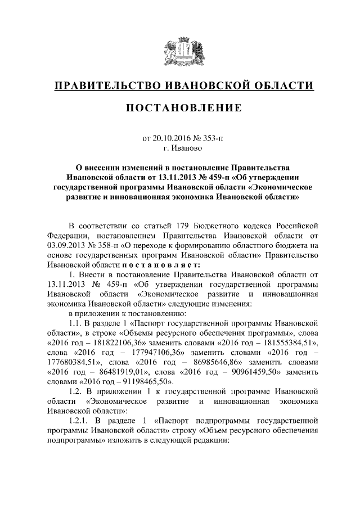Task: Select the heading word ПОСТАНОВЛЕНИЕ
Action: [x=179, y=107]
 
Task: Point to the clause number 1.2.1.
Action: [x=79, y=420]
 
